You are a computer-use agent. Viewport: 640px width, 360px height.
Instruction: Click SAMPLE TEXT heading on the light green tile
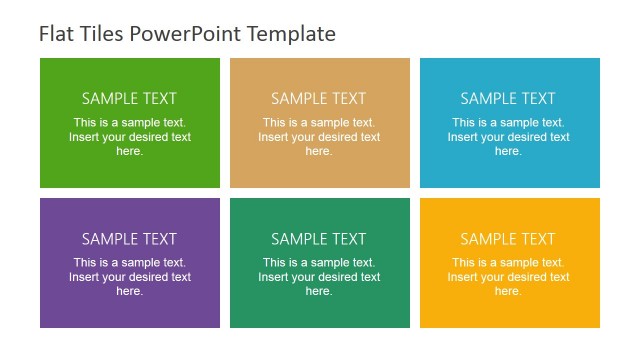(x=129, y=98)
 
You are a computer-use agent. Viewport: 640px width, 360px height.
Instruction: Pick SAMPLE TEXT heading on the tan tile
(x=319, y=98)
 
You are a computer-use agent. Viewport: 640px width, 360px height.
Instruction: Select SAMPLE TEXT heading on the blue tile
(x=508, y=98)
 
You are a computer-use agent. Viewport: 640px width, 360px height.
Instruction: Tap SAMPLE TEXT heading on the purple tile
(x=129, y=239)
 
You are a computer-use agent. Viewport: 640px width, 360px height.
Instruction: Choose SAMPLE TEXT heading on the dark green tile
(x=319, y=239)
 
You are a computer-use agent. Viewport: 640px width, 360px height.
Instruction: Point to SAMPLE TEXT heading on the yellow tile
(x=508, y=239)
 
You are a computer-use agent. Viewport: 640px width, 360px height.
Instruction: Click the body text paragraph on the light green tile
(x=129, y=137)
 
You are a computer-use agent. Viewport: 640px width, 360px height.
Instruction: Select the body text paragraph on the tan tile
(x=319, y=137)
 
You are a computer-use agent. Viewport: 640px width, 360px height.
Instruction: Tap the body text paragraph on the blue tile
(x=508, y=137)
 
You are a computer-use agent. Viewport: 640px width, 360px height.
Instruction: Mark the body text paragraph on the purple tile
(x=129, y=277)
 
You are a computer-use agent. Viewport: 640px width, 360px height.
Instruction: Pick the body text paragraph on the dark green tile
(x=319, y=277)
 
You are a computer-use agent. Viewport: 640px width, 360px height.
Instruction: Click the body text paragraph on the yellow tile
(x=508, y=277)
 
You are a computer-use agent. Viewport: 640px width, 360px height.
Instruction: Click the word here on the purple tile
(x=129, y=291)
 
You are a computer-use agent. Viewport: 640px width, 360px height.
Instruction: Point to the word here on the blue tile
(x=508, y=151)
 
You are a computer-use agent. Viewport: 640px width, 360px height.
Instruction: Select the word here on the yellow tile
(x=508, y=291)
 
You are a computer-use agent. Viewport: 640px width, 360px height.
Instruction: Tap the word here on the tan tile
(x=319, y=151)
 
